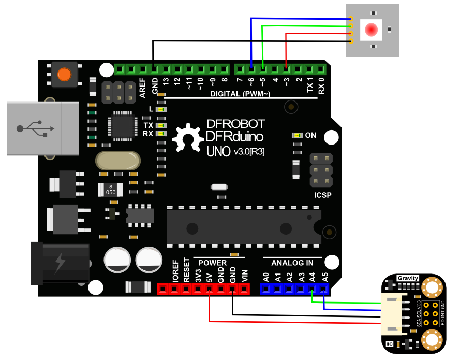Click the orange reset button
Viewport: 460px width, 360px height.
pyautogui.click(x=65, y=74)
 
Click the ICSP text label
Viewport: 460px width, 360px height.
pyautogui.click(x=322, y=196)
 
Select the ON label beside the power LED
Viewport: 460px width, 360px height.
pyautogui.click(x=310, y=135)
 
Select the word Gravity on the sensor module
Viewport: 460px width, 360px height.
pyautogui.click(x=408, y=279)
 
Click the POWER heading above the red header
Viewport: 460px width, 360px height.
pyautogui.click(x=213, y=263)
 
